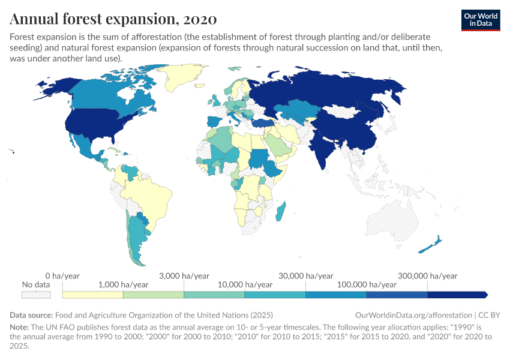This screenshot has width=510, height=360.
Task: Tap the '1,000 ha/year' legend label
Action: point(122,284)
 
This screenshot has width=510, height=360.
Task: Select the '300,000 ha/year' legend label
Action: point(427,275)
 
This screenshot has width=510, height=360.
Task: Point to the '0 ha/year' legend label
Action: point(62,275)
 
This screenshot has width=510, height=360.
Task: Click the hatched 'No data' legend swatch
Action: point(35,295)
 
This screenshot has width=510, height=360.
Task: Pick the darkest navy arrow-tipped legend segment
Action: point(456,295)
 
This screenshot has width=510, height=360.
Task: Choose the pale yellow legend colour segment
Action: point(92,295)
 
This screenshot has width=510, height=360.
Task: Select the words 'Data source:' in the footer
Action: point(31,315)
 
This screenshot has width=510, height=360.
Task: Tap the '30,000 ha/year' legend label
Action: point(305,275)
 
